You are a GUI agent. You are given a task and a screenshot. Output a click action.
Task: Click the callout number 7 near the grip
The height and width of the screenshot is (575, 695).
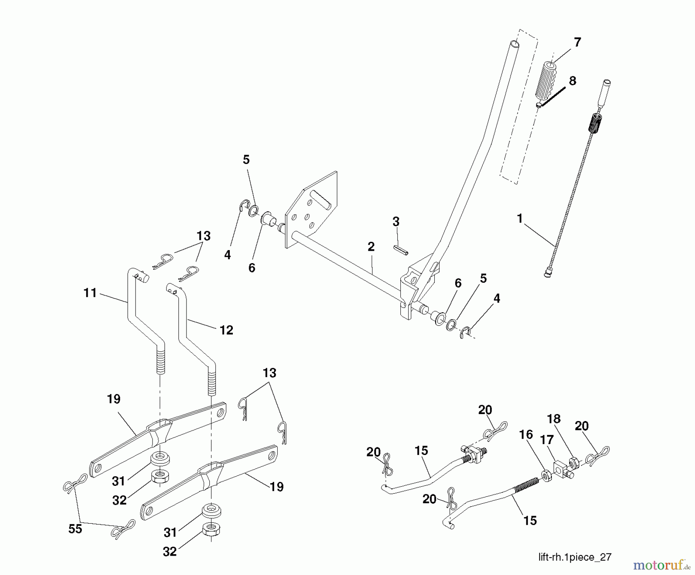pos(577,42)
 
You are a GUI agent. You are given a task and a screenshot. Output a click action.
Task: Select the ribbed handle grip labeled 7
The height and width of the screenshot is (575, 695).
pos(545,81)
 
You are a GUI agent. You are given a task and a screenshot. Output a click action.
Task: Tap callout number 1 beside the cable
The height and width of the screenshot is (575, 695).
pos(519,219)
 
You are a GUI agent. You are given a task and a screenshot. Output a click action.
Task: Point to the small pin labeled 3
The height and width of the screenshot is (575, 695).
pos(400,250)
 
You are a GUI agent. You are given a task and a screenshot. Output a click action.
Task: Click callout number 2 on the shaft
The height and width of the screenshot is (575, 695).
pos(371,247)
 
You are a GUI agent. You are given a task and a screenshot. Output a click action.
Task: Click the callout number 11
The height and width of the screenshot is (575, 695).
pos(90,293)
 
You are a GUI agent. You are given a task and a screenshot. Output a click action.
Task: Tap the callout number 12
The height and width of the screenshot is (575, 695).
pos(226,330)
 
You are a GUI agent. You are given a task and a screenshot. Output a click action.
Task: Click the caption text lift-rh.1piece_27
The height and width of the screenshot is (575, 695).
pos(575,557)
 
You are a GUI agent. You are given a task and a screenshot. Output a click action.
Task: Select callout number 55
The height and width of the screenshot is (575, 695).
pos(75,528)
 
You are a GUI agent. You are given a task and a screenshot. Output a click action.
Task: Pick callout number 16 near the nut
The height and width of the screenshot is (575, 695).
pos(526,435)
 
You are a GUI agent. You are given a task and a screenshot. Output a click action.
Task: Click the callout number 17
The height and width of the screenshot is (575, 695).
pos(547,440)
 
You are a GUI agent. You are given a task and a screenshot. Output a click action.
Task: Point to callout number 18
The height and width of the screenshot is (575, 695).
pos(554,419)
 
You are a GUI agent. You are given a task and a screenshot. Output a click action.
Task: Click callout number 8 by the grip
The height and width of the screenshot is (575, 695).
pos(572,81)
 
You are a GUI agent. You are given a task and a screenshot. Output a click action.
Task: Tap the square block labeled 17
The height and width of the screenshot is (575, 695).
pos(562,468)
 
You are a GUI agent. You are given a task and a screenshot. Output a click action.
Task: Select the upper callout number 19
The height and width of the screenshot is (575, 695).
pos(114,399)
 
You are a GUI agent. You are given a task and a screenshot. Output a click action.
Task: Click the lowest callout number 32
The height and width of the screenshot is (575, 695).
pos(170,551)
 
